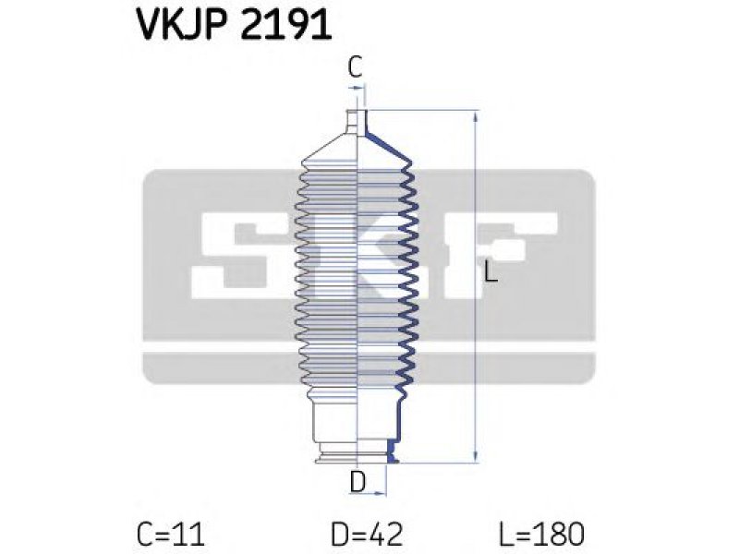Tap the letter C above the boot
click(355, 66)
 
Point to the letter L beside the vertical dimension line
click(491, 272)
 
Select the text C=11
click(171, 535)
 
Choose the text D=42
click(367, 535)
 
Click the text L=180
click(541, 535)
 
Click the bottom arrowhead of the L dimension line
click(476, 456)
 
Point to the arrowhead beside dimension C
click(360, 88)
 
